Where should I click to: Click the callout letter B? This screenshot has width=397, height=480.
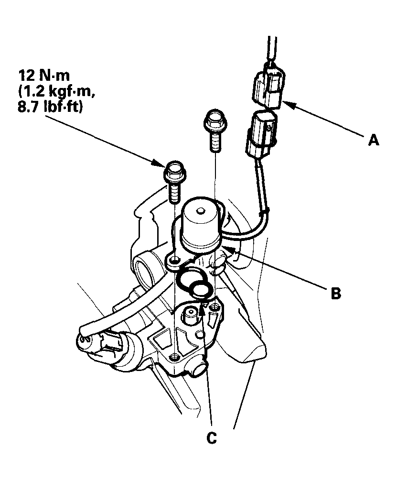(336, 293)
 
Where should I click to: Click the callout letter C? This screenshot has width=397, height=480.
(212, 436)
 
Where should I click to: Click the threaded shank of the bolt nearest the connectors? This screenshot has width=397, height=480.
(215, 141)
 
